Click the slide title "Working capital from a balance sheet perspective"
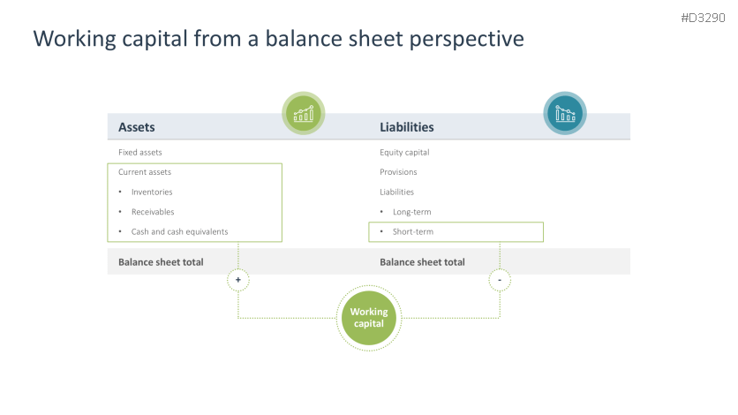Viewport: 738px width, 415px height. pyautogui.click(x=278, y=40)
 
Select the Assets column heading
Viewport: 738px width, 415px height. pyautogui.click(x=137, y=127)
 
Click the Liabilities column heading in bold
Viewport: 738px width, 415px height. pyautogui.click(x=406, y=127)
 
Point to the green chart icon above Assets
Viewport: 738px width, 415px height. pyautogui.click(x=304, y=114)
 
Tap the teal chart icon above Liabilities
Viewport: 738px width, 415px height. pyautogui.click(x=564, y=114)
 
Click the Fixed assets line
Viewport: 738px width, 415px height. pyautogui.click(x=140, y=152)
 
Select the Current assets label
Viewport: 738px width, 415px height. pyautogui.click(x=145, y=172)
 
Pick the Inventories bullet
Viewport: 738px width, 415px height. pyautogui.click(x=152, y=192)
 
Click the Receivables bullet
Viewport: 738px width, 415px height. pyautogui.click(x=153, y=212)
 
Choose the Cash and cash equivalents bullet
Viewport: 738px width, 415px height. pyautogui.click(x=179, y=231)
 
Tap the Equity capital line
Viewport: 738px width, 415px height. pyautogui.click(x=404, y=152)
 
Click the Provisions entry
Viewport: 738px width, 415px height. pyautogui.click(x=398, y=172)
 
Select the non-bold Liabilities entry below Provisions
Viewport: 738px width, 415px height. pyautogui.click(x=396, y=192)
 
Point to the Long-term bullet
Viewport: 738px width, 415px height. pyautogui.click(x=412, y=212)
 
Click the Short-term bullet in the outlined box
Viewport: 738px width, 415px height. pyautogui.click(x=413, y=231)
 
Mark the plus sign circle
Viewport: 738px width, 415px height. pyautogui.click(x=237, y=280)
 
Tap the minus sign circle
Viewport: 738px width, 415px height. pyautogui.click(x=500, y=280)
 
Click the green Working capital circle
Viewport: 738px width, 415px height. pyautogui.click(x=369, y=318)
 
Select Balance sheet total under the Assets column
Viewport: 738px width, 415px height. pyautogui.click(x=161, y=261)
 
